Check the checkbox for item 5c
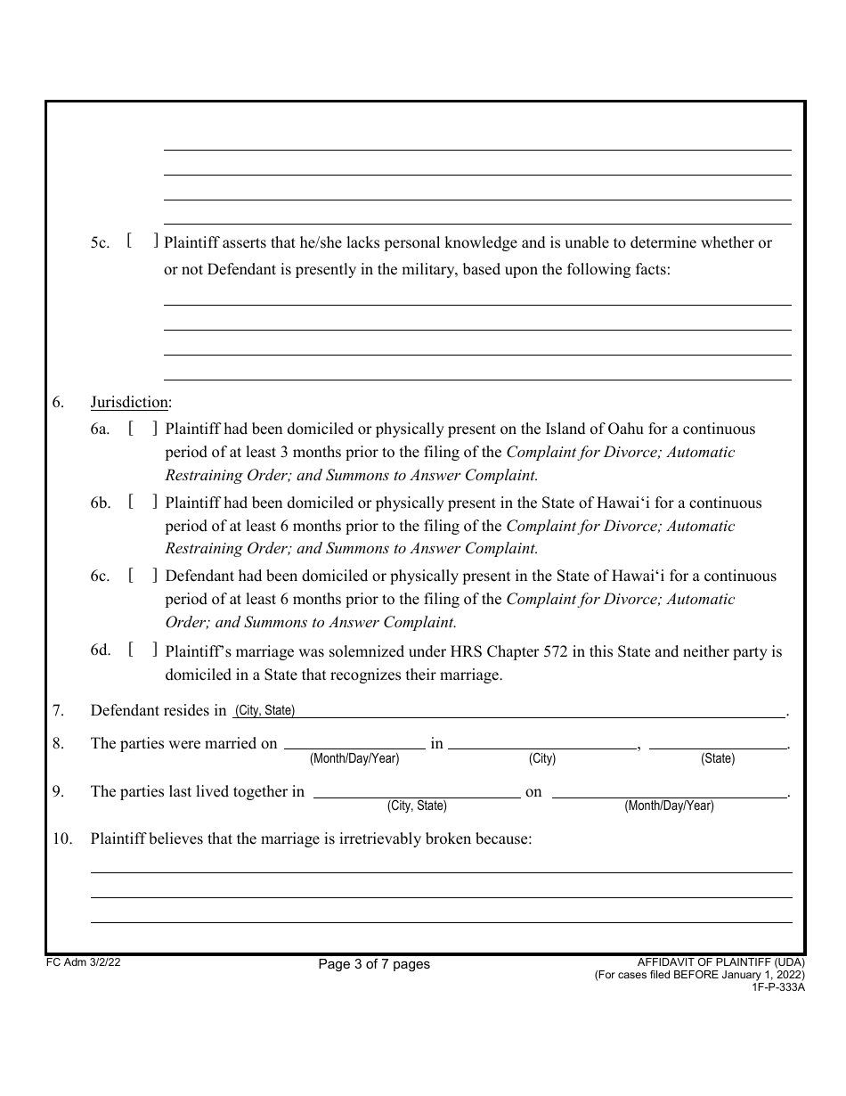click(142, 241)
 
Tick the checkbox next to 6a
click(142, 428)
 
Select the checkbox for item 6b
click(142, 502)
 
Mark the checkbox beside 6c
click(142, 576)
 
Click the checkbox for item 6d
click(142, 650)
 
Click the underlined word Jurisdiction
click(129, 403)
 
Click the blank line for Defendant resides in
click(534, 710)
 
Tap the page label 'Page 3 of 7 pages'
click(374, 964)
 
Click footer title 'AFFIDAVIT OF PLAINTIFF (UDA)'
click(720, 962)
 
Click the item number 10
click(61, 838)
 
